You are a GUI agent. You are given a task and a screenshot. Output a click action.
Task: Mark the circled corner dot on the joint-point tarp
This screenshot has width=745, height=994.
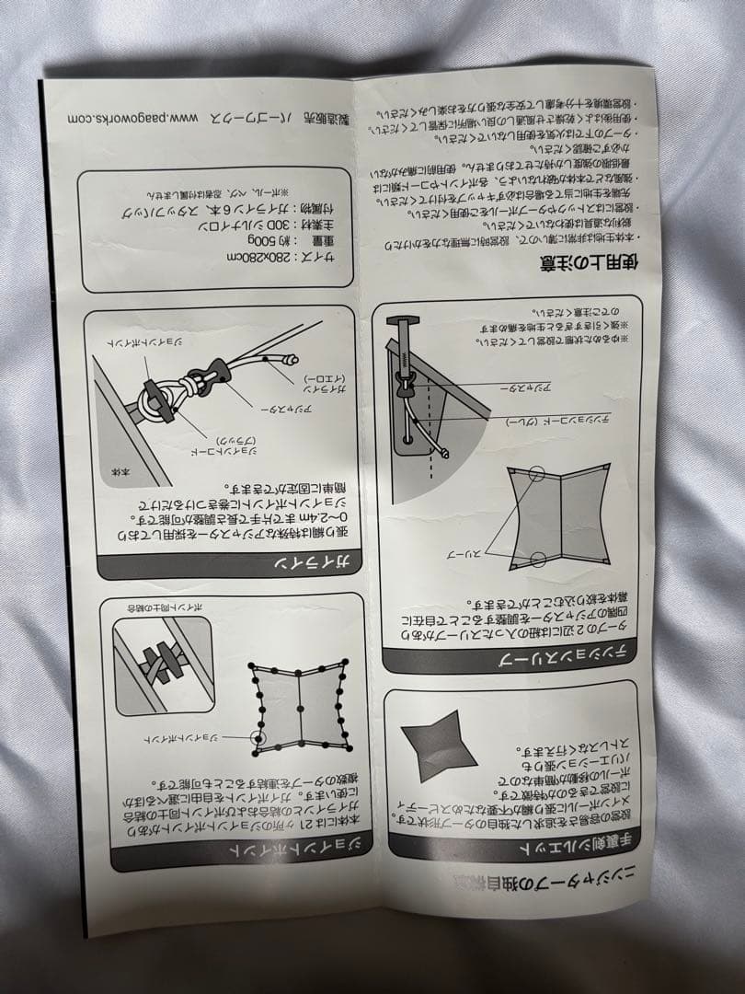pyautogui.click(x=259, y=737)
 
